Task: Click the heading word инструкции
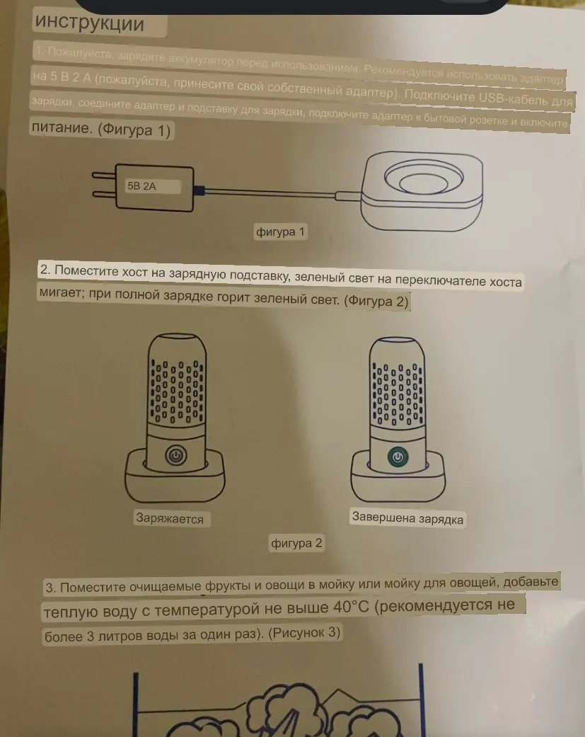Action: pyautogui.click(x=89, y=23)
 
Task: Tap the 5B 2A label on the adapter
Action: pyautogui.click(x=141, y=187)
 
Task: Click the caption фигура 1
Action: pyautogui.click(x=281, y=232)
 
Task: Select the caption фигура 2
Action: pyautogui.click(x=296, y=543)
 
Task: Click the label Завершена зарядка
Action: pyautogui.click(x=407, y=518)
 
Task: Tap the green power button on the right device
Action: pyautogui.click(x=397, y=457)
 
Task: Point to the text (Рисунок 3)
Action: pyautogui.click(x=305, y=634)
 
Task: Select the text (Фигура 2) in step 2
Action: pyautogui.click(x=376, y=302)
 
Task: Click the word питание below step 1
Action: pyautogui.click(x=60, y=130)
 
